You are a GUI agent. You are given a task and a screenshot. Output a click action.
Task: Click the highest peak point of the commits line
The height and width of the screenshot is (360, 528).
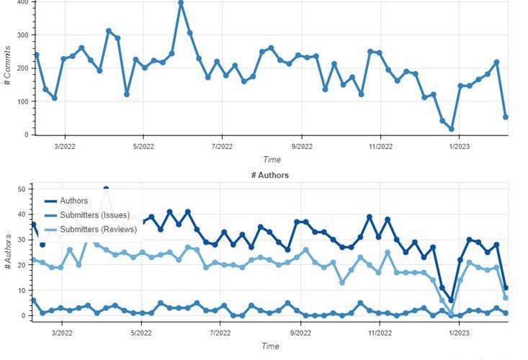pyautogui.click(x=181, y=3)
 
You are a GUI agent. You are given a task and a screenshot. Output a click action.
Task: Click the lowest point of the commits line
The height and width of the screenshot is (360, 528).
pyautogui.click(x=452, y=129)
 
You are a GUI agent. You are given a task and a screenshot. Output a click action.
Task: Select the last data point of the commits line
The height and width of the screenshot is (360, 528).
pyautogui.click(x=506, y=117)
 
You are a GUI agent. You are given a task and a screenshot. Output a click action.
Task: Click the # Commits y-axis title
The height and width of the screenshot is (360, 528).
pyautogui.click(x=7, y=67)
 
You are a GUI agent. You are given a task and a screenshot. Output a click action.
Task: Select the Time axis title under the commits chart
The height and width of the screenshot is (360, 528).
pyautogui.click(x=272, y=160)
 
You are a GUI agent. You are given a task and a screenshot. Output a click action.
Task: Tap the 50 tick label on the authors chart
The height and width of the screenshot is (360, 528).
pyautogui.click(x=21, y=189)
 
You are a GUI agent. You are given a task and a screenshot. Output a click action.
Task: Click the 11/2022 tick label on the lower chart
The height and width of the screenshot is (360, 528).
pyautogui.click(x=380, y=333)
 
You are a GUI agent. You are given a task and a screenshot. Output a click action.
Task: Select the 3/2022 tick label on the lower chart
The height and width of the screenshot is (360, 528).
pyautogui.click(x=62, y=333)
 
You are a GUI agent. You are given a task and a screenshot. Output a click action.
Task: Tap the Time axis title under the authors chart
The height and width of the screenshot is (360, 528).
pyautogui.click(x=271, y=346)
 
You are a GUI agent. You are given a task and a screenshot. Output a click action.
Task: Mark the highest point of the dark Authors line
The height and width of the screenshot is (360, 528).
pyautogui.click(x=106, y=189)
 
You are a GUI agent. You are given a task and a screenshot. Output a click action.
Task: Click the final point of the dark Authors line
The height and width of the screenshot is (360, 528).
pyautogui.click(x=506, y=288)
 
